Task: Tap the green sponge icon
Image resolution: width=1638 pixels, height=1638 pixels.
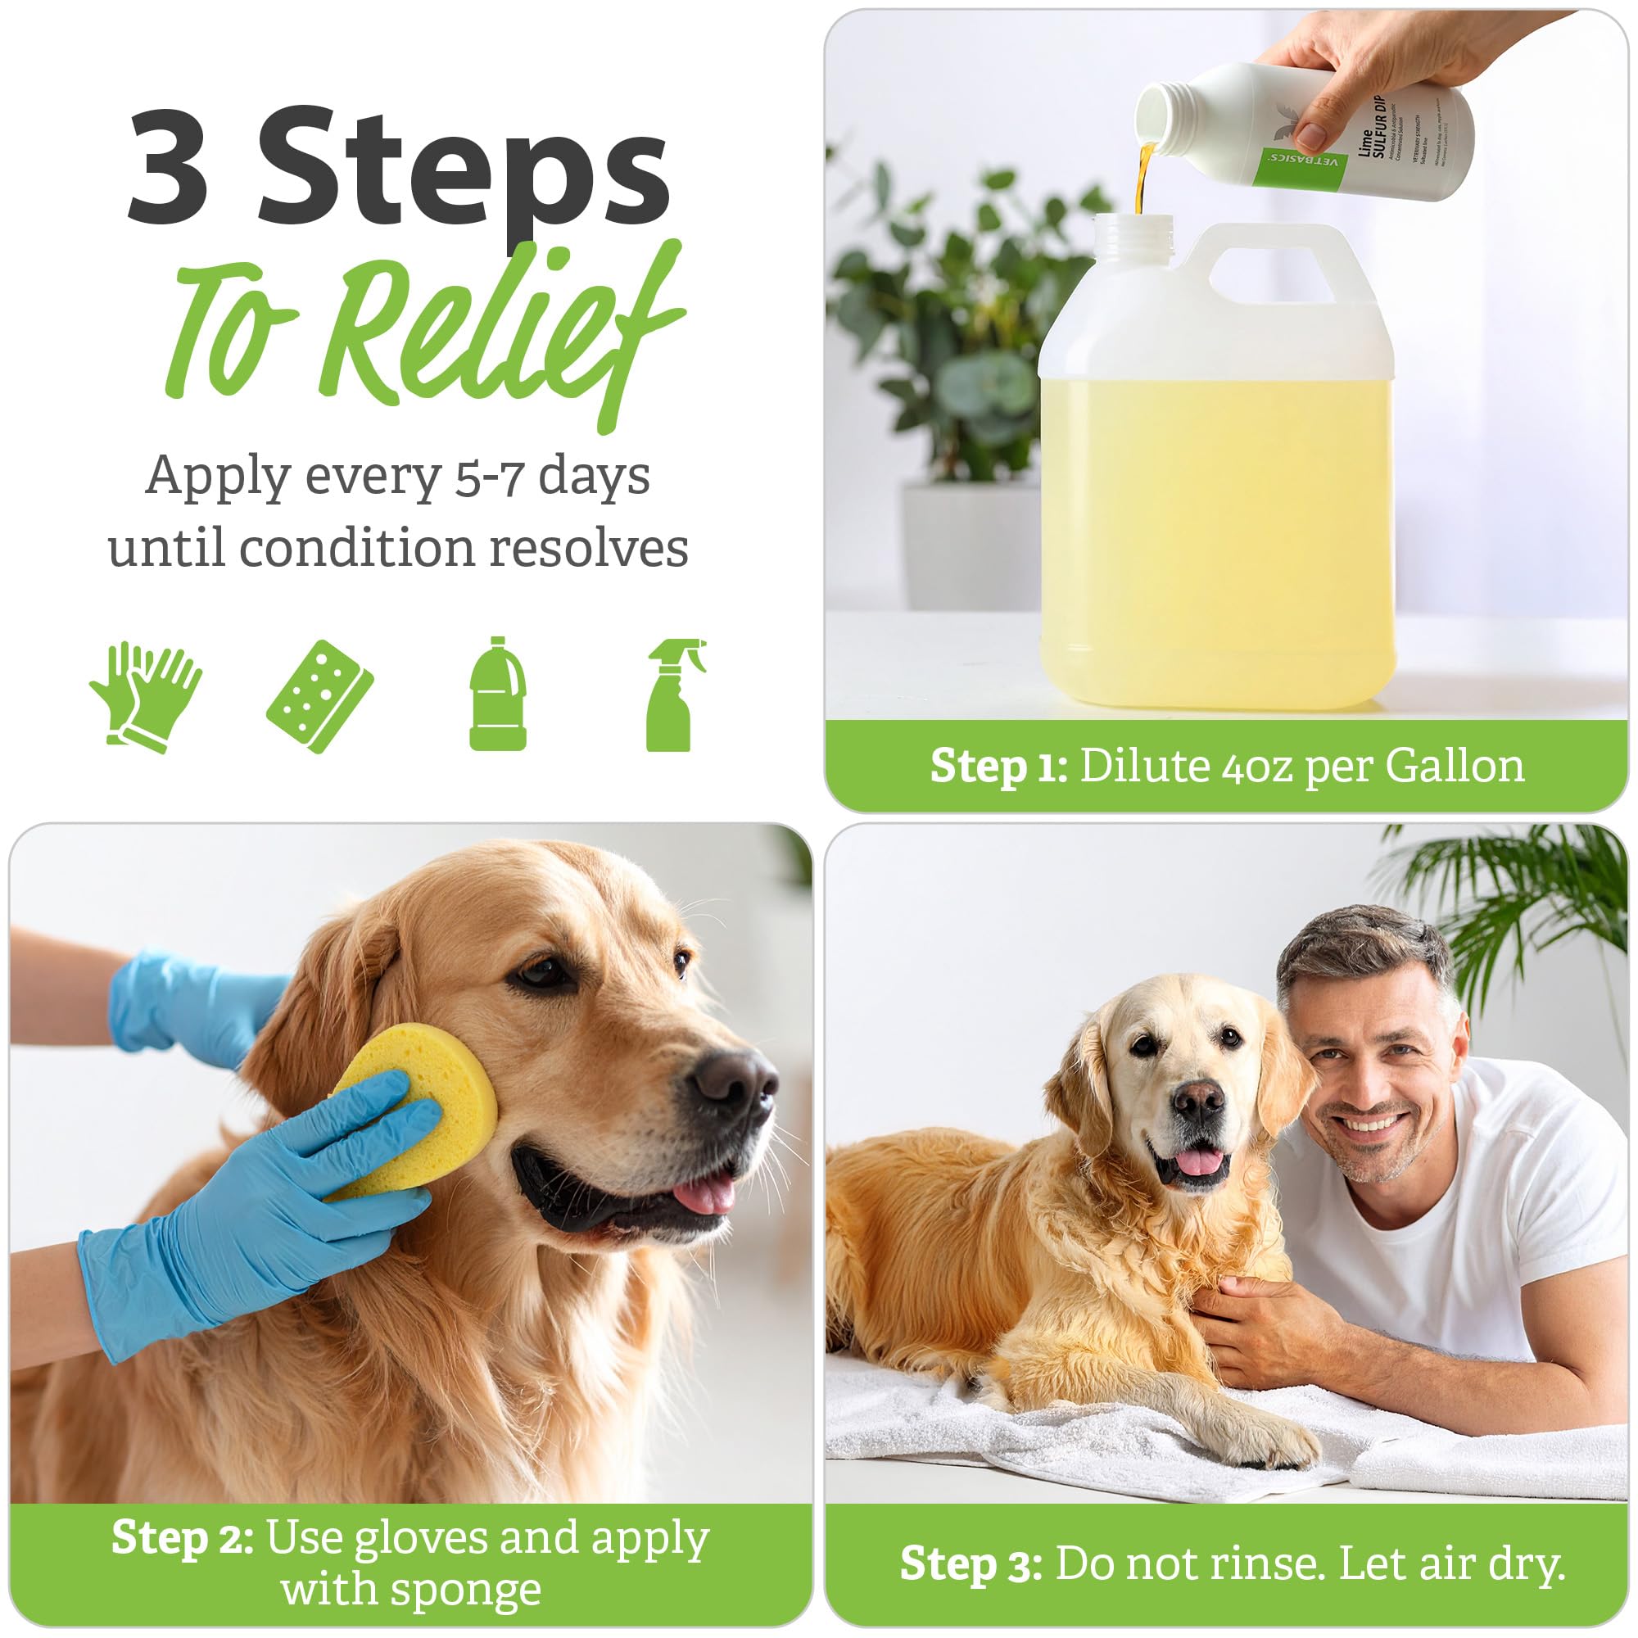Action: click(x=319, y=695)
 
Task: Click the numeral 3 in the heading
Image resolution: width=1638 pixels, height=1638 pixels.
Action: click(x=170, y=166)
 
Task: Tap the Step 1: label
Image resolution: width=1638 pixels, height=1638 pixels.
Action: click(x=998, y=767)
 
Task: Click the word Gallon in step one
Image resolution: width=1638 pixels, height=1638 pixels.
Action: click(x=1454, y=767)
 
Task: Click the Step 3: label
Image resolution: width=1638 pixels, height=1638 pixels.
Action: click(x=971, y=1563)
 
